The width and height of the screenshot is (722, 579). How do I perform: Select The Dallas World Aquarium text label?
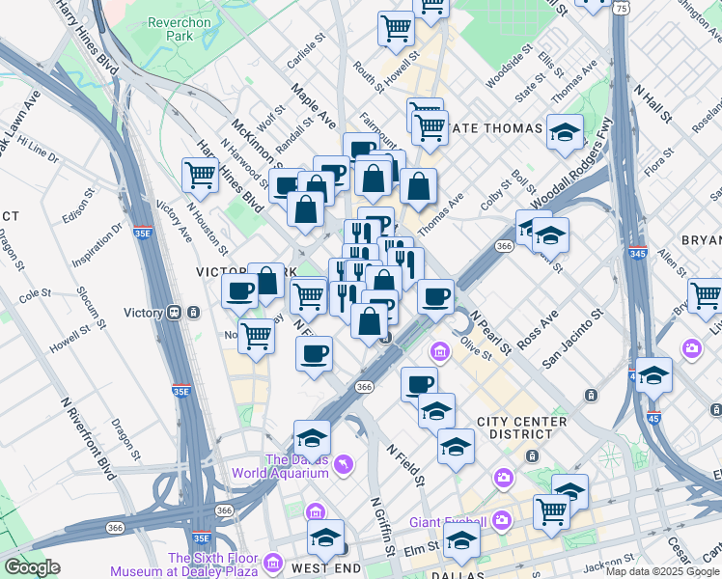(280, 466)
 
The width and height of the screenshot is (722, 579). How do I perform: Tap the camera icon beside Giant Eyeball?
(501, 521)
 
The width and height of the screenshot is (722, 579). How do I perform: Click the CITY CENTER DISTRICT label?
(525, 429)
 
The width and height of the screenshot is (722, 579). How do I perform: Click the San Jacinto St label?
(572, 339)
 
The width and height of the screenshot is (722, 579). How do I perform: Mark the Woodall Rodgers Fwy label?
(571, 161)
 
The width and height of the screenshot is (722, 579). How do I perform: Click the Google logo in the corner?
(32, 567)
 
